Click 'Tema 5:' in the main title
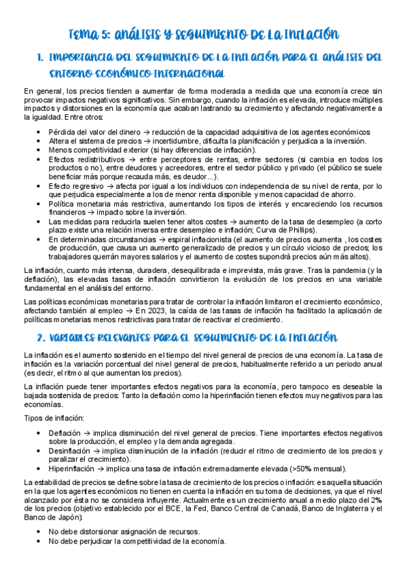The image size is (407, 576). point(90,35)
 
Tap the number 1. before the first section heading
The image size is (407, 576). point(39,58)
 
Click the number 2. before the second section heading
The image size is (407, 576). point(40,336)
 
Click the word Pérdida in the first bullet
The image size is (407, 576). point(62,132)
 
